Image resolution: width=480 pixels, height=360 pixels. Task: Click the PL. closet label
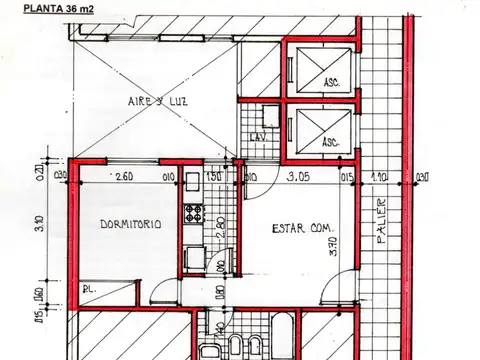point(89,289)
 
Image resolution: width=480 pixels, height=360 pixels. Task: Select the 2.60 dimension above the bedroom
point(124,177)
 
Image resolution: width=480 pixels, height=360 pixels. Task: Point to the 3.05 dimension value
point(297,177)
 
